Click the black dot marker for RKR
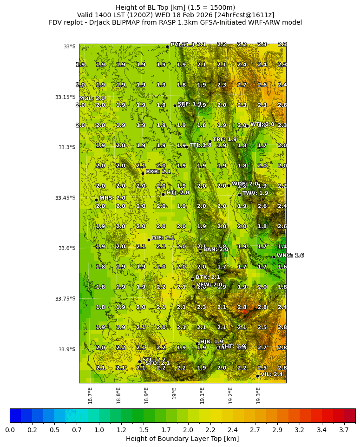tap(143, 173)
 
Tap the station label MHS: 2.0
tap(112, 198)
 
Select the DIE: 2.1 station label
tap(163, 238)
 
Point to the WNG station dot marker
tap(274, 257)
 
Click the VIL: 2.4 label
tap(271, 374)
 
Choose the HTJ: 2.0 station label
tap(177, 192)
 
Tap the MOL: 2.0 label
tap(92, 99)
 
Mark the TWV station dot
tap(239, 195)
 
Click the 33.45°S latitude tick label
tap(65, 198)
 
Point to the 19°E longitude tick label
tap(174, 393)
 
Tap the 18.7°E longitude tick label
tap(90, 394)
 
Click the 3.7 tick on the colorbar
tap(344, 430)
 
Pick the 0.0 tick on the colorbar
tap(10, 430)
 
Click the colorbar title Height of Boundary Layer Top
tap(182, 439)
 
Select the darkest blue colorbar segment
tap(15, 415)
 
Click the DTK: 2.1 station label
tap(208, 277)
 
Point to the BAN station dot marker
tap(200, 251)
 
